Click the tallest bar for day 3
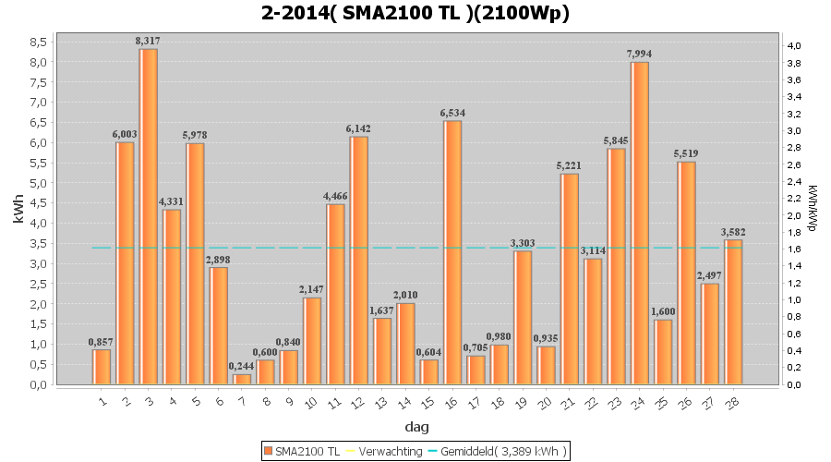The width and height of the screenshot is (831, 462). [149, 216]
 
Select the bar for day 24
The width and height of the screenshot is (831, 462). [640, 223]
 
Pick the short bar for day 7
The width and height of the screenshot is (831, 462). [242, 379]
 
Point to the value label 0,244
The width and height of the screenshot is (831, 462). [242, 366]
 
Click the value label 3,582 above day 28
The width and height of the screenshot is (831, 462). [733, 232]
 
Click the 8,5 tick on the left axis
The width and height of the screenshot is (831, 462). [39, 43]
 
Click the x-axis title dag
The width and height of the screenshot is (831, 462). [415, 428]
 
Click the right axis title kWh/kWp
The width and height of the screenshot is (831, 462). [812, 208]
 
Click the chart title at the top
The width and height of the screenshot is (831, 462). [415, 13]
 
